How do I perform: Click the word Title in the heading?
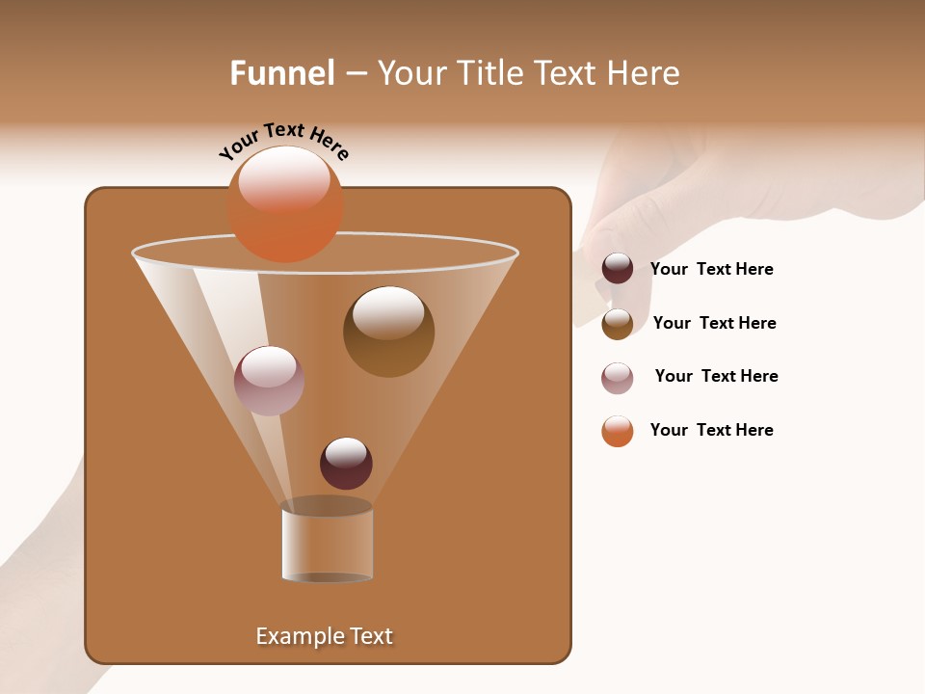(x=489, y=73)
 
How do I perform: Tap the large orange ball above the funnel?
(x=285, y=204)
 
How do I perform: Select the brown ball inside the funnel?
(x=388, y=332)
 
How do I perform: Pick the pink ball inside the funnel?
(x=269, y=380)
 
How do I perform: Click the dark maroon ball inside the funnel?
(x=346, y=464)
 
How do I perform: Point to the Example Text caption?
(x=324, y=636)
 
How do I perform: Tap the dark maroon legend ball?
(x=618, y=268)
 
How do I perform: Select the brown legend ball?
(x=618, y=324)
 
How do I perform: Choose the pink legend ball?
(x=618, y=378)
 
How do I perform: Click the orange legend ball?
(x=618, y=431)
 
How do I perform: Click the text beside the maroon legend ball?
(x=711, y=269)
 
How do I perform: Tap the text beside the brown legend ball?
(x=714, y=323)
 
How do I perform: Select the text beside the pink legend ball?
(x=716, y=376)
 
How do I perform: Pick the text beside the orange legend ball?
(x=711, y=430)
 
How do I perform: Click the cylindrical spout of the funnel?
(x=327, y=545)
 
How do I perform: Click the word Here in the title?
(x=644, y=73)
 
